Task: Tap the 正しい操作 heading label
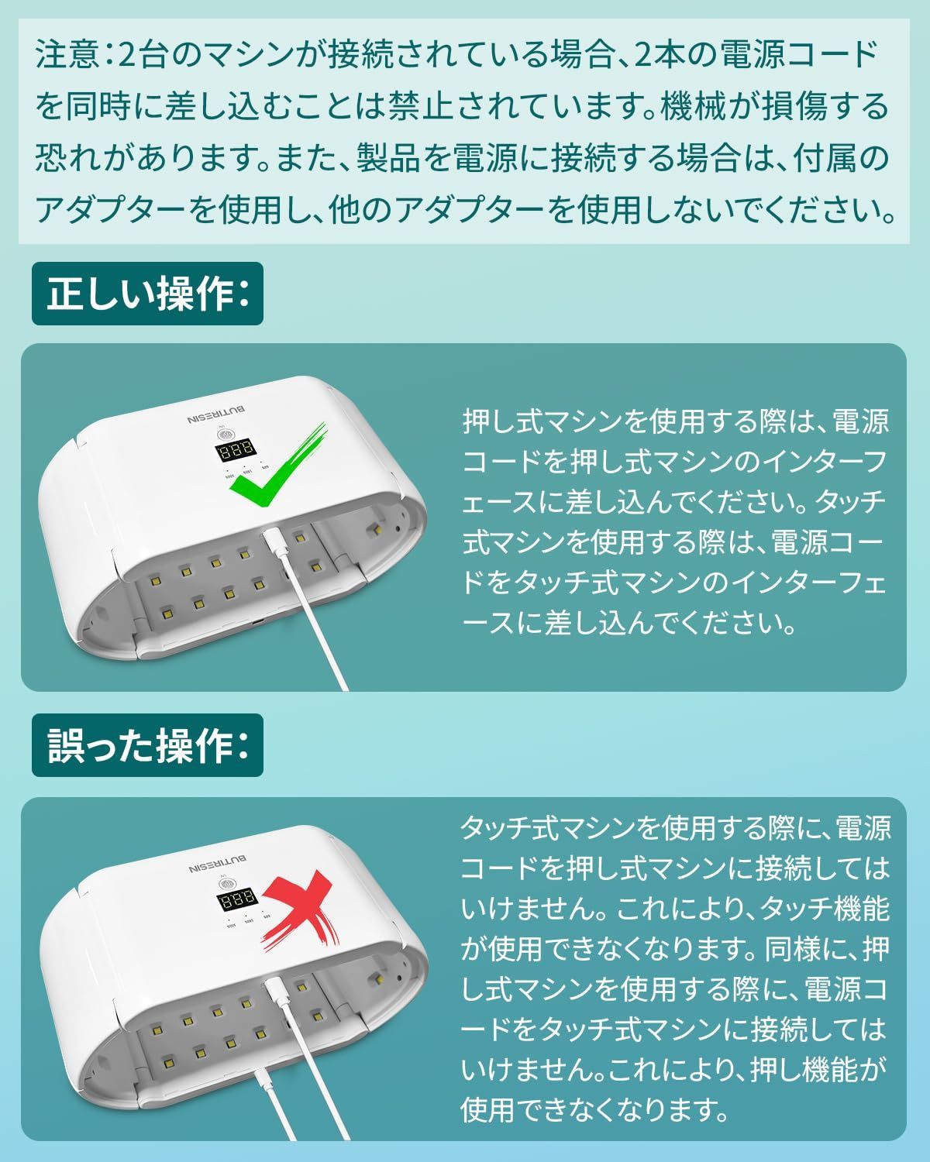coord(147,294)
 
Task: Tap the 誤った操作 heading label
coord(147,746)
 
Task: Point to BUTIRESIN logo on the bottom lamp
coord(217,861)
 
